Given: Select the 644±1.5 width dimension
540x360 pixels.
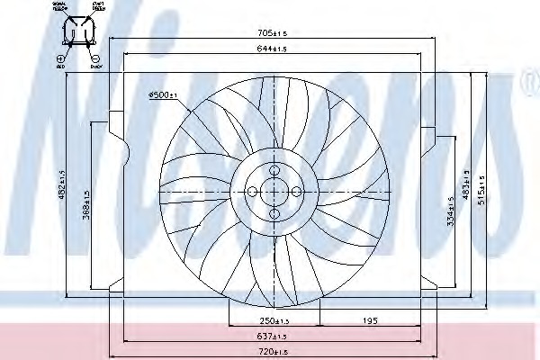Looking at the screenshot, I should coord(272,48).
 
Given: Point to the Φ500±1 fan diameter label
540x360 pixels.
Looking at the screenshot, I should coord(163,94).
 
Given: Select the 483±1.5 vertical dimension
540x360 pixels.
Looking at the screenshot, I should coord(464,186).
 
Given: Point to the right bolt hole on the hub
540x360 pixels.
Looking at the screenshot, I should coord(294,191).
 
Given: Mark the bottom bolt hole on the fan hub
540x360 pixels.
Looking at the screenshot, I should coord(273,212).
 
